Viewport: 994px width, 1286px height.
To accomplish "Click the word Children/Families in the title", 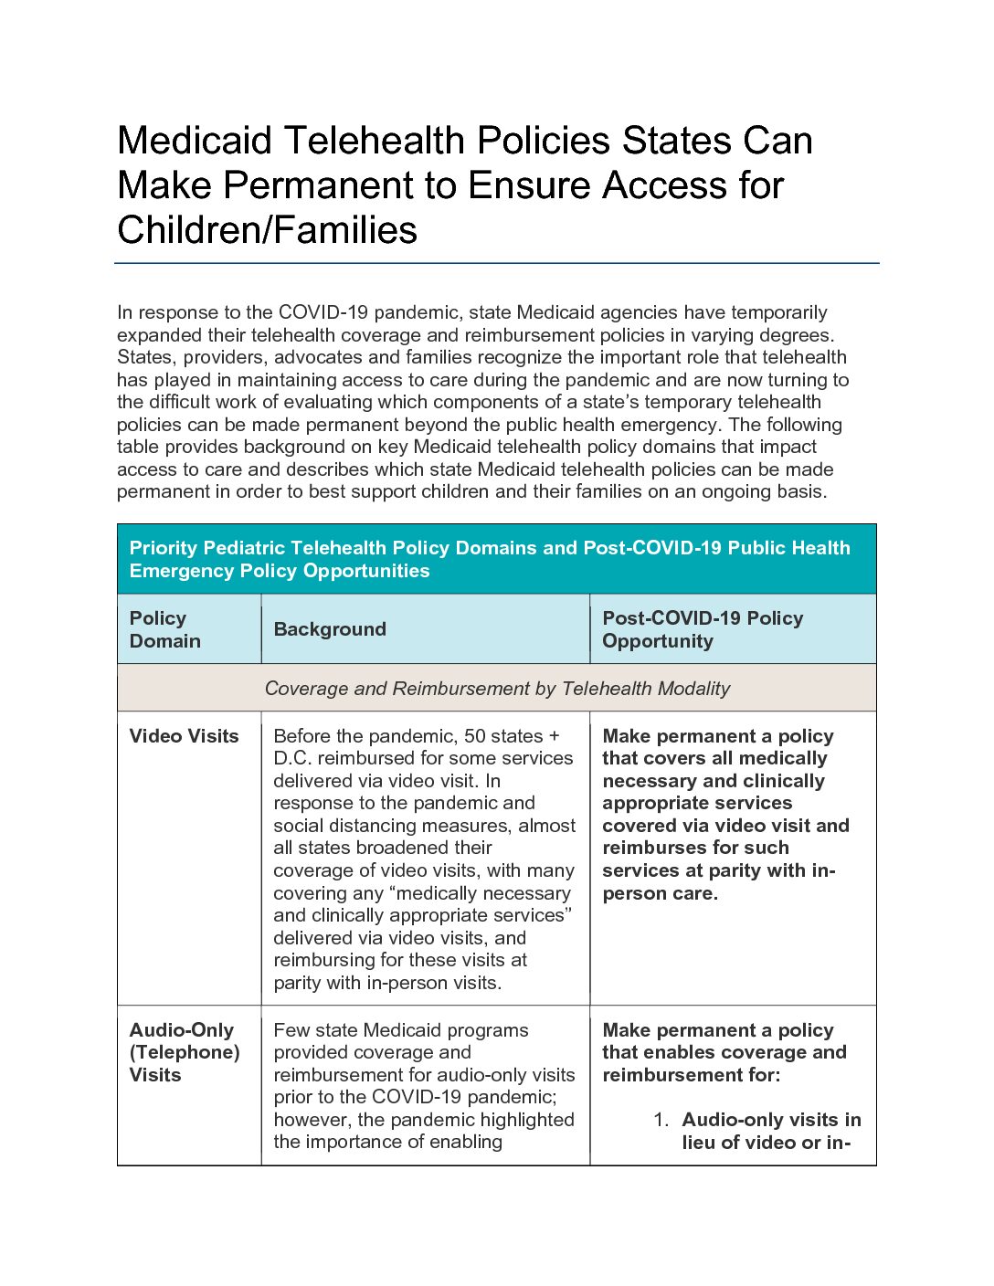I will tap(267, 229).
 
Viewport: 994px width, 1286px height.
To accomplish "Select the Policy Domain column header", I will tap(164, 629).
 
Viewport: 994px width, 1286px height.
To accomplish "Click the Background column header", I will tap(330, 629).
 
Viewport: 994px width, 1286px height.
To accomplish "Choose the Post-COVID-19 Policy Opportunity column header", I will tap(702, 629).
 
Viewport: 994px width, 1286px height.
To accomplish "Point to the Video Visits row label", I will tap(184, 736).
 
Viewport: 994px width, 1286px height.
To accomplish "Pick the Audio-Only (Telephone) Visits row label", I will tap(184, 1052).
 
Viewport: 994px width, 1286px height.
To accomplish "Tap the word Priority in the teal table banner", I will tap(164, 548).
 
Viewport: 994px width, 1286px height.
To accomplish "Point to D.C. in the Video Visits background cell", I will tap(294, 758).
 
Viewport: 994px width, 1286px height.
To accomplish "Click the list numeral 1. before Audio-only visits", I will tap(661, 1120).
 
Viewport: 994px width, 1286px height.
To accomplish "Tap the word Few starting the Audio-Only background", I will tap(291, 1030).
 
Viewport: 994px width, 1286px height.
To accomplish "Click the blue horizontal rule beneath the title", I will tap(496, 264).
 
